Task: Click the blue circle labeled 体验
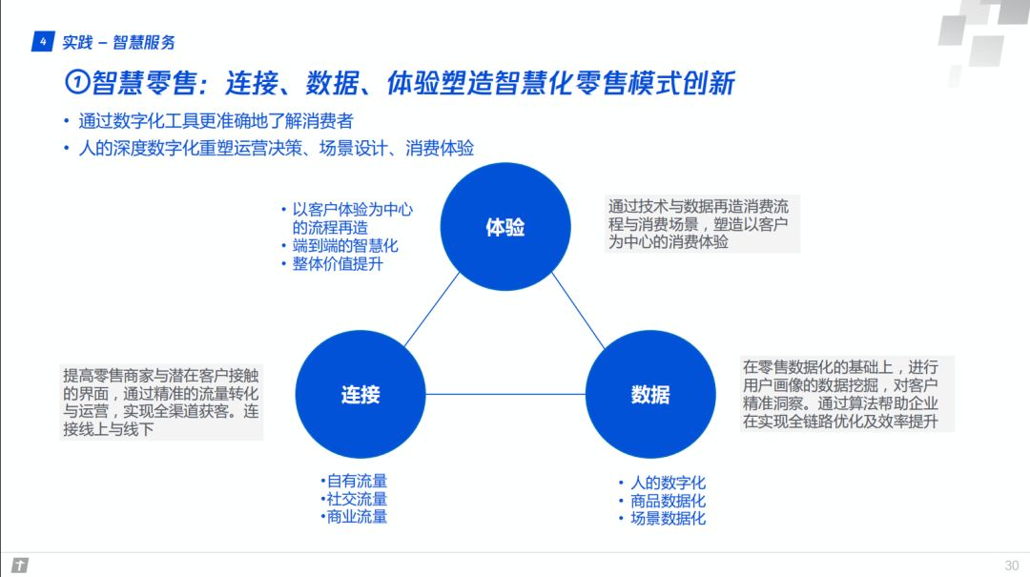point(505,227)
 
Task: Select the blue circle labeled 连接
point(360,394)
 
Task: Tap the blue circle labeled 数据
point(650,394)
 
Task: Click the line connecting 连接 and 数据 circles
point(505,394)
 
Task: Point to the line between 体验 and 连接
point(432,310)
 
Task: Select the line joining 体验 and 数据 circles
point(578,311)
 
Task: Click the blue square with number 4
point(43,41)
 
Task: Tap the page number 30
point(1011,566)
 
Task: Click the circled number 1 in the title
point(77,83)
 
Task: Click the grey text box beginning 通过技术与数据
point(702,223)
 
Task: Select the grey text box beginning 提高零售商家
point(161,402)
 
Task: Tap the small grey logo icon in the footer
point(20,566)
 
